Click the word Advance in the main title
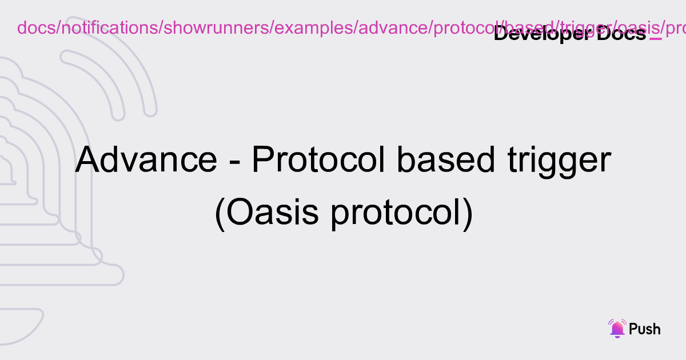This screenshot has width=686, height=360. [146, 161]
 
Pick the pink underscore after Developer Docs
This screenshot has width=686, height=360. [656, 39]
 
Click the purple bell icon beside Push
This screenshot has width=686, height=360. [617, 329]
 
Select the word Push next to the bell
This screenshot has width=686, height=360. [644, 329]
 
